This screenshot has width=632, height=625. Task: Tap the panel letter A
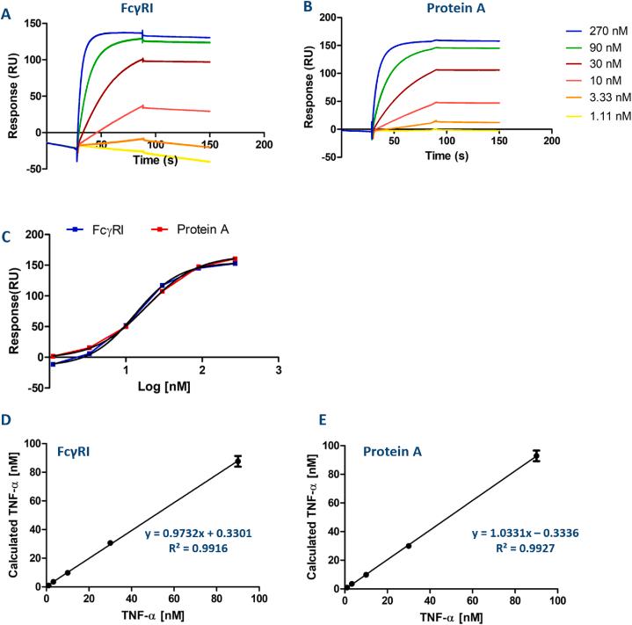(x=6, y=8)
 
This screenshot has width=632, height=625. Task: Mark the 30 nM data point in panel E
(x=409, y=546)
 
